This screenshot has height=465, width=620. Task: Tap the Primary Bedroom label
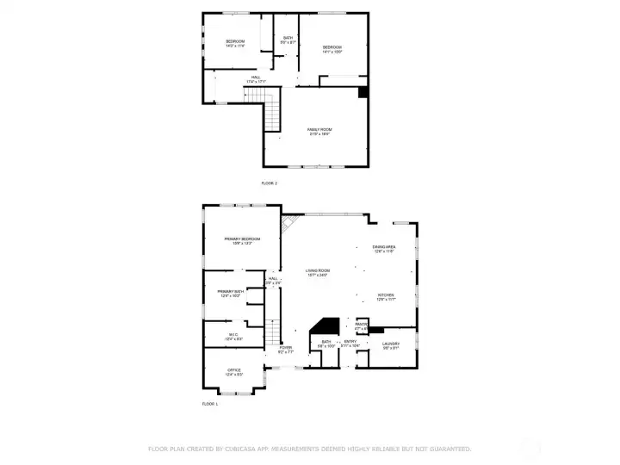pos(242,240)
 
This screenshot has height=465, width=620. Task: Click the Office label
pos(233,371)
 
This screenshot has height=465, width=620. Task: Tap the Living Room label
pos(318,272)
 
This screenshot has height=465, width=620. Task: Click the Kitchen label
pos(385,296)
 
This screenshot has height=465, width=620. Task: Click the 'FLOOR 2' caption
pos(270,183)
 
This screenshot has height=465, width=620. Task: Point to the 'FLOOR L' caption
pos(210,404)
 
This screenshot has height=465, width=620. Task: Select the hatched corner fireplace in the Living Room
pos(293,225)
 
